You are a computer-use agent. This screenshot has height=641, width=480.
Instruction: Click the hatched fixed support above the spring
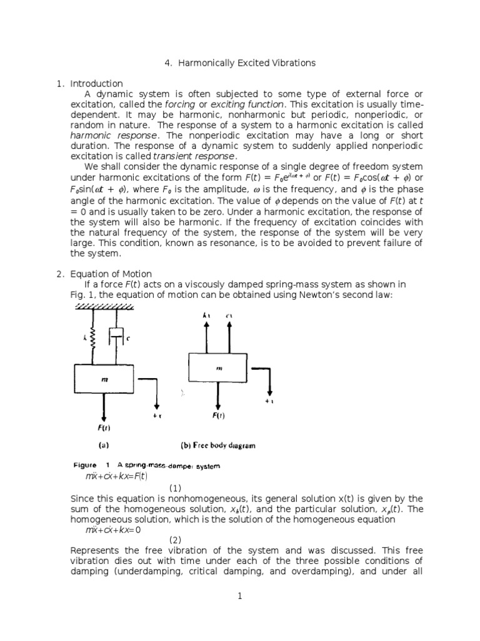pyautogui.click(x=102, y=306)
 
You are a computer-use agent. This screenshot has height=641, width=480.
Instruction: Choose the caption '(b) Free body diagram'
pyautogui.click(x=217, y=446)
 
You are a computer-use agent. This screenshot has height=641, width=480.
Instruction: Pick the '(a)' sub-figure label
pyautogui.click(x=104, y=446)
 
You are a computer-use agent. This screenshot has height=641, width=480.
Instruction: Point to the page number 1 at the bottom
pyautogui.click(x=239, y=597)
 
